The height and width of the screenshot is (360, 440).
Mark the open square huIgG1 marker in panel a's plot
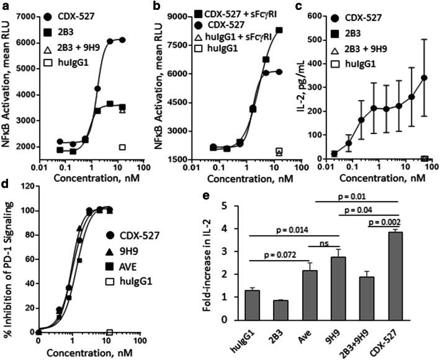pyautogui.click(x=122, y=147)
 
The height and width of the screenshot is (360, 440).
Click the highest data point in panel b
pyautogui.click(x=280, y=30)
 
